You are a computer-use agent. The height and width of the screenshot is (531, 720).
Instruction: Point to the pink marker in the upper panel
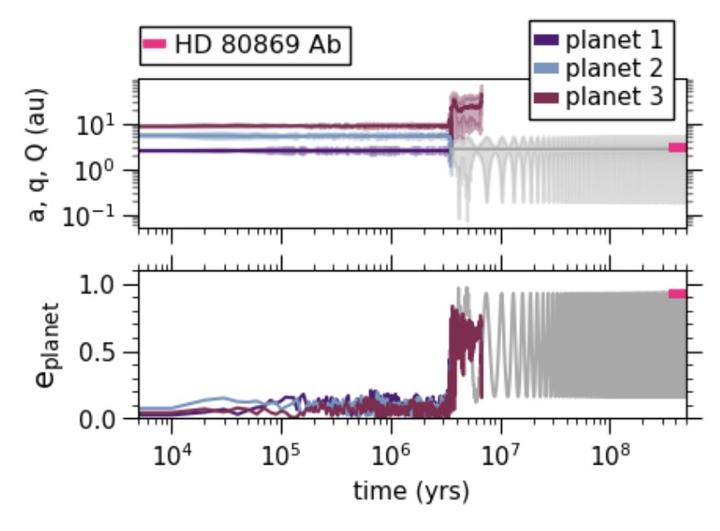point(678,148)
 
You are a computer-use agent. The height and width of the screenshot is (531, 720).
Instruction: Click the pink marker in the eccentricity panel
point(678,293)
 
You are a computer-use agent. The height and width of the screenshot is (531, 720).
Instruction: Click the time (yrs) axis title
point(411,491)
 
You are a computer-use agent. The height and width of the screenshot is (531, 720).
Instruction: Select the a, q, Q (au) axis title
point(38,155)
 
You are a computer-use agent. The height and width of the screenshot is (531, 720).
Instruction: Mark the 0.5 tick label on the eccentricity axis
point(106,352)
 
